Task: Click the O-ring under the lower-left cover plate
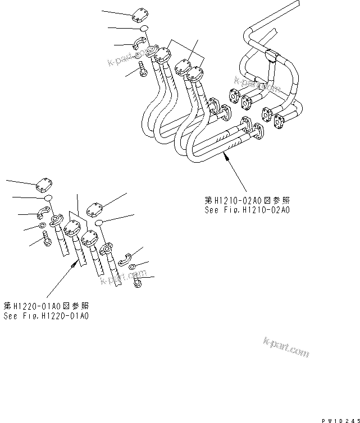click(x=49, y=198)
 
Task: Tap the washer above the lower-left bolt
click(x=43, y=226)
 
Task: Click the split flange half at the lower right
click(x=127, y=257)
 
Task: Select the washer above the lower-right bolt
click(x=134, y=267)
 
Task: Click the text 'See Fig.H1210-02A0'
click(x=247, y=210)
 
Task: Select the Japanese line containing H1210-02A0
click(x=247, y=200)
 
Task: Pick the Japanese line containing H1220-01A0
click(x=45, y=306)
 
